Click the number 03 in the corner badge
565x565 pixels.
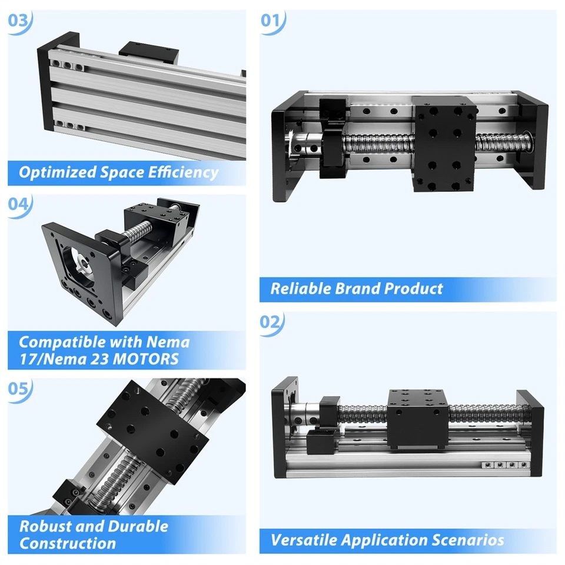point(18,21)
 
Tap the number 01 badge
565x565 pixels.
point(271,21)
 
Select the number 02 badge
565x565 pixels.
point(271,322)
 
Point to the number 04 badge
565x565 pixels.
point(18,205)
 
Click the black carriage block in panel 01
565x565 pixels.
point(444,144)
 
